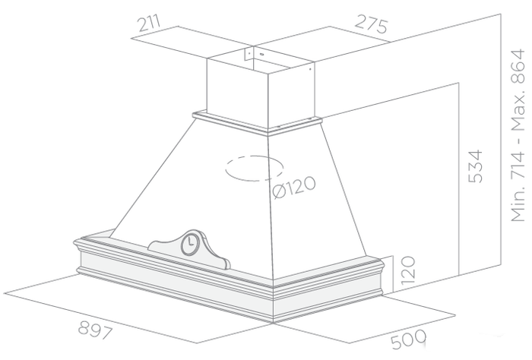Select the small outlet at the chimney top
[x=250, y=54]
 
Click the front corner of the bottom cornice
[x=274, y=292]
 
